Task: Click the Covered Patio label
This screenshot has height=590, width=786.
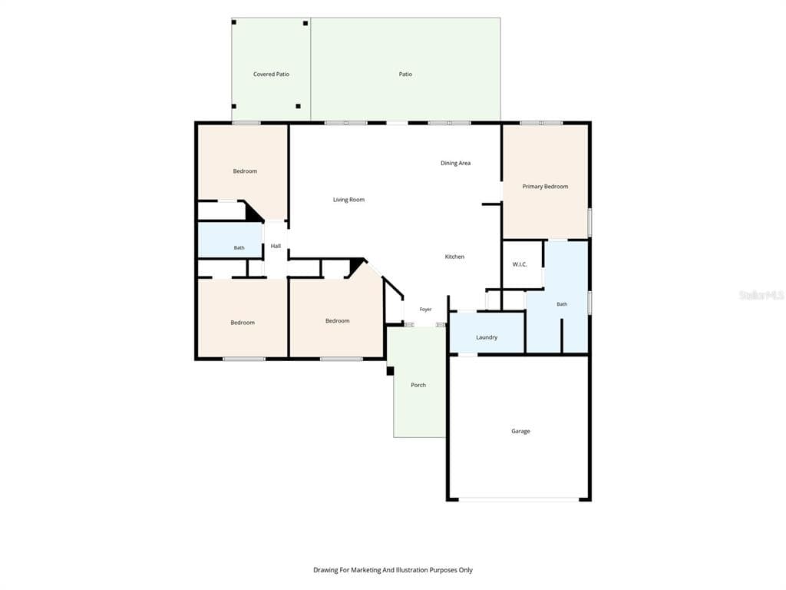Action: [271, 75]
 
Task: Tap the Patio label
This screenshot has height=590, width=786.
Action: [405, 75]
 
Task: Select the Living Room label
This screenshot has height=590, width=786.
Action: [349, 200]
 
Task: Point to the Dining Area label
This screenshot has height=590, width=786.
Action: [456, 163]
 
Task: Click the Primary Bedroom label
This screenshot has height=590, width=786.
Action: [546, 187]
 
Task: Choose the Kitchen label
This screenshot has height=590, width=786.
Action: [454, 257]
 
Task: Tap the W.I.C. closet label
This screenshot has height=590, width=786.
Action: [520, 264]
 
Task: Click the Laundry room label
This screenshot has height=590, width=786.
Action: [487, 338]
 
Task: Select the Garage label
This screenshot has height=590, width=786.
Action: [521, 431]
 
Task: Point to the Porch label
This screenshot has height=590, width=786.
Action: [418, 386]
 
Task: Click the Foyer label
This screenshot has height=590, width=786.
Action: [425, 310]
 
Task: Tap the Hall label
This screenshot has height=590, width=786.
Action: [276, 247]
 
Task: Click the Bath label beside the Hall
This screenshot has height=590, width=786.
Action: [239, 248]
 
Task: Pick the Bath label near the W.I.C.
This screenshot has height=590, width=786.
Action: [562, 304]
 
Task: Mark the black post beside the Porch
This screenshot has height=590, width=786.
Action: [390, 371]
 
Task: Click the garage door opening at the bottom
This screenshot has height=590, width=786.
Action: [519, 499]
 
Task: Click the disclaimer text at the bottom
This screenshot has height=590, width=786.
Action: [393, 570]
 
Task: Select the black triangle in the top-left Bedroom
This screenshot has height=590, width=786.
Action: [253, 213]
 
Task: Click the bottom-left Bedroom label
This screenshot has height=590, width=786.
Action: [243, 323]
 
